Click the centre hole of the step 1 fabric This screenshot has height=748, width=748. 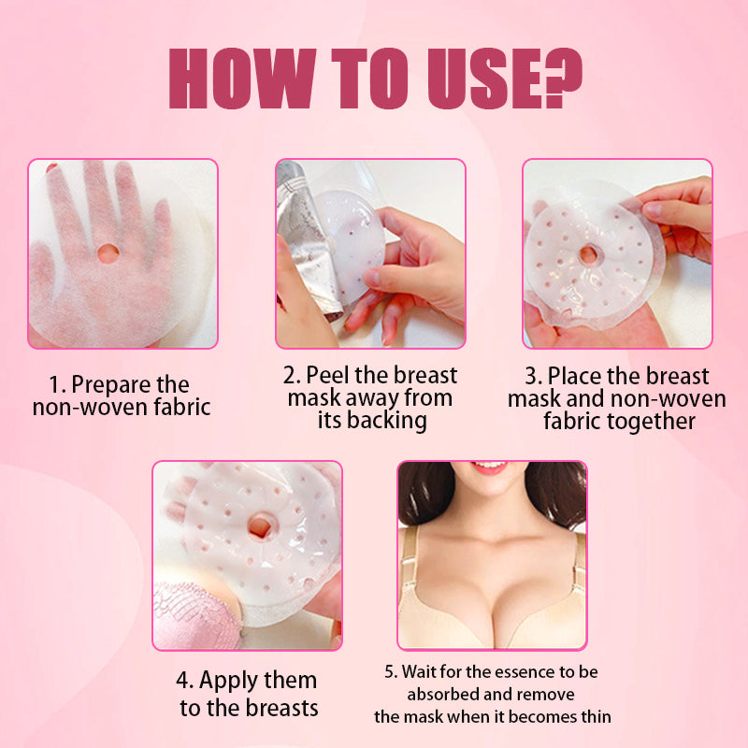click(108, 252)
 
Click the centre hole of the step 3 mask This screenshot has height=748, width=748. click(589, 254)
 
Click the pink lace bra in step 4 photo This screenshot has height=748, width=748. click(187, 613)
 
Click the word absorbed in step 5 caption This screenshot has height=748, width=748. click(444, 695)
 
